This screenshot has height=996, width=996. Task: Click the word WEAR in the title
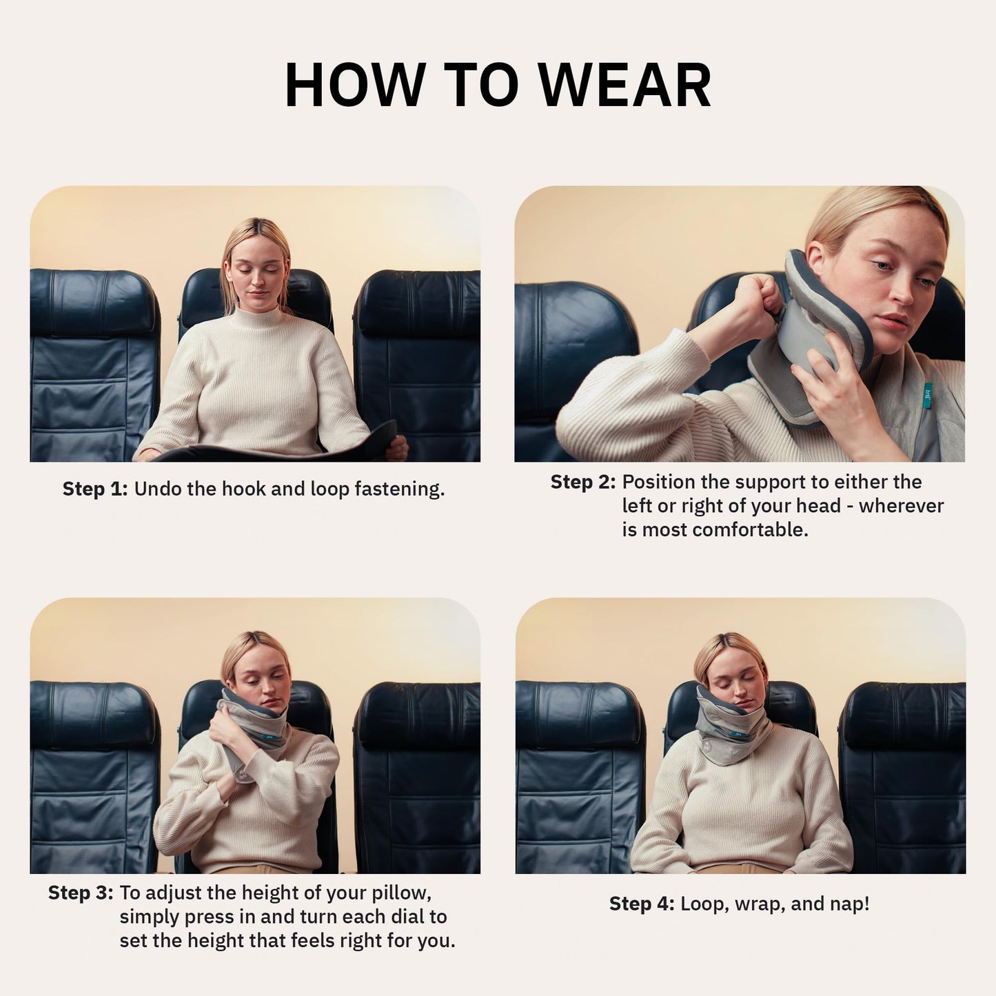[x=624, y=85]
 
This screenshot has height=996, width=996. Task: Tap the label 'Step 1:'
[x=95, y=489]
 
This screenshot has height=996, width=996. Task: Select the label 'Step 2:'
[x=582, y=482]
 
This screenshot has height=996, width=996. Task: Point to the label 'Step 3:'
[x=81, y=893]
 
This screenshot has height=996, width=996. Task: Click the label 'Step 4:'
[x=642, y=904]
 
